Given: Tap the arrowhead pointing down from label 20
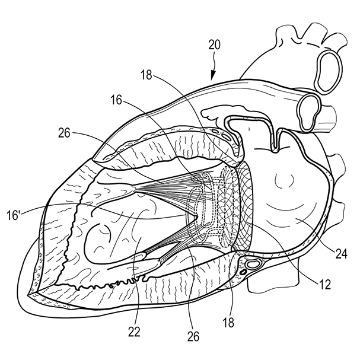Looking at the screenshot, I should [x=212, y=76].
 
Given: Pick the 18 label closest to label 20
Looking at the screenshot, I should [x=147, y=75].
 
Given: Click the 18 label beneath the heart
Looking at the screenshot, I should [x=228, y=322].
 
